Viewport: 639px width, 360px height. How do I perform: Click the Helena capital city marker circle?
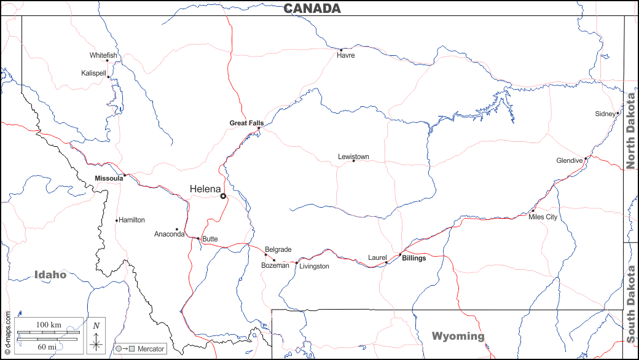pyautogui.click(x=224, y=197)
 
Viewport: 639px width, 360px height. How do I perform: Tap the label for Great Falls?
pyautogui.click(x=246, y=123)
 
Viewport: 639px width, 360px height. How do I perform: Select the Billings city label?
pyautogui.click(x=414, y=258)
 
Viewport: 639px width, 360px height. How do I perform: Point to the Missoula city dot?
pyautogui.click(x=124, y=175)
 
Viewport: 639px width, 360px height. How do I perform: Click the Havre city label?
pyautogui.click(x=346, y=55)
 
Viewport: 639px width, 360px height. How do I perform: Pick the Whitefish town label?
pyautogui.click(x=103, y=55)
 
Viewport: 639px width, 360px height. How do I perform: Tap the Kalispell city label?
pyautogui.click(x=93, y=73)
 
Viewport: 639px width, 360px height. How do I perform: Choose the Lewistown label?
pyautogui.click(x=353, y=157)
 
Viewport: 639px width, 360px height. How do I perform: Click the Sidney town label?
pyautogui.click(x=605, y=114)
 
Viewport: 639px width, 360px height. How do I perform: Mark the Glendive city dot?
pyautogui.click(x=586, y=158)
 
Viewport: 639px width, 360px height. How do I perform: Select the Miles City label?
pyautogui.click(x=543, y=217)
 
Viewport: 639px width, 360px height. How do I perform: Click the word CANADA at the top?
pyautogui.click(x=312, y=8)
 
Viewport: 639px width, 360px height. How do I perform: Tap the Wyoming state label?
pyautogui.click(x=458, y=336)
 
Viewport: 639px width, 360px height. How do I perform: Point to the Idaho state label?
pyautogui.click(x=50, y=275)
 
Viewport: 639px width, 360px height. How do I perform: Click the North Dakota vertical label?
pyautogui.click(x=631, y=128)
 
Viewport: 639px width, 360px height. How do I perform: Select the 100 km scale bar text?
pyautogui.click(x=49, y=324)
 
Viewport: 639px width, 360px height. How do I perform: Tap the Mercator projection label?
pyautogui.click(x=151, y=349)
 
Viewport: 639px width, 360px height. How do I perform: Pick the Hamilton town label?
pyautogui.click(x=131, y=220)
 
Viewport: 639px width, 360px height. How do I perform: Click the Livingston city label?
pyautogui.click(x=314, y=266)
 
